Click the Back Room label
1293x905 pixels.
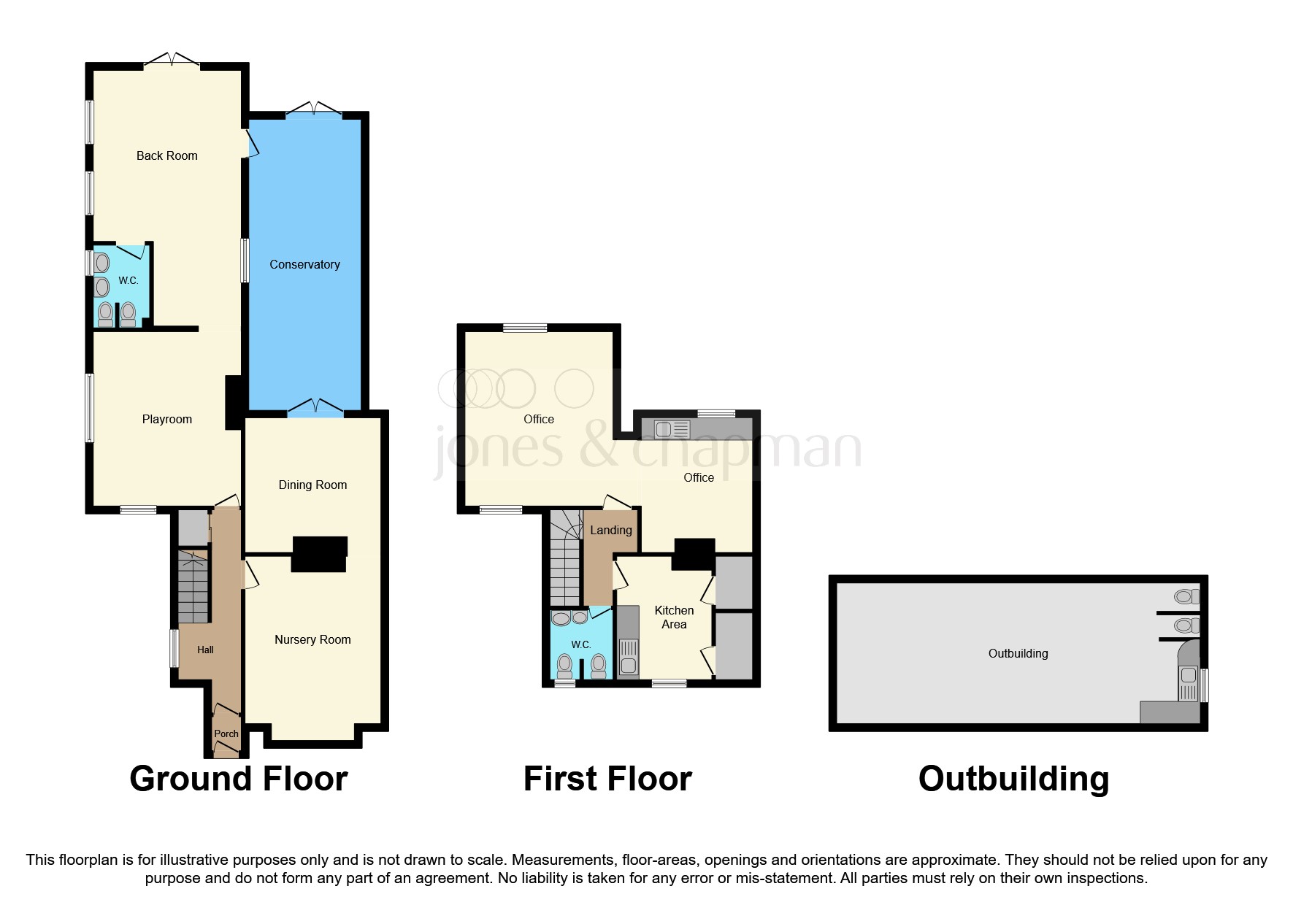pyautogui.click(x=166, y=155)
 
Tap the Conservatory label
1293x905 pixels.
pyautogui.click(x=304, y=264)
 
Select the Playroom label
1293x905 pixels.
pyautogui.click(x=166, y=419)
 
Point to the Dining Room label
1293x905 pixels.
pyautogui.click(x=312, y=485)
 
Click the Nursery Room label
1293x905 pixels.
pyautogui.click(x=312, y=639)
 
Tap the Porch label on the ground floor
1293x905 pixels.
pyautogui.click(x=226, y=733)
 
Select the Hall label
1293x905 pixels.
pyautogui.click(x=205, y=650)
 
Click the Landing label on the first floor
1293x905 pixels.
pyautogui.click(x=611, y=530)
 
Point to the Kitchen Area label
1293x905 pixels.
pyautogui.click(x=674, y=617)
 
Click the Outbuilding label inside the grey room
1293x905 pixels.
pyautogui.click(x=1018, y=653)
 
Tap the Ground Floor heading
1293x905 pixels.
pyautogui.click(x=238, y=779)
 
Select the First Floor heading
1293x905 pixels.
pyautogui.click(x=607, y=779)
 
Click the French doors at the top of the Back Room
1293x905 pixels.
pyautogui.click(x=171, y=60)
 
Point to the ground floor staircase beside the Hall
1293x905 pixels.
pyautogui.click(x=193, y=588)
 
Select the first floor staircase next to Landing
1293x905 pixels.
pyautogui.click(x=565, y=558)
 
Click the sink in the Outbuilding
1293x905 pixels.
pyautogui.click(x=1188, y=677)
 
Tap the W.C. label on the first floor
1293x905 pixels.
pyautogui.click(x=580, y=644)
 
